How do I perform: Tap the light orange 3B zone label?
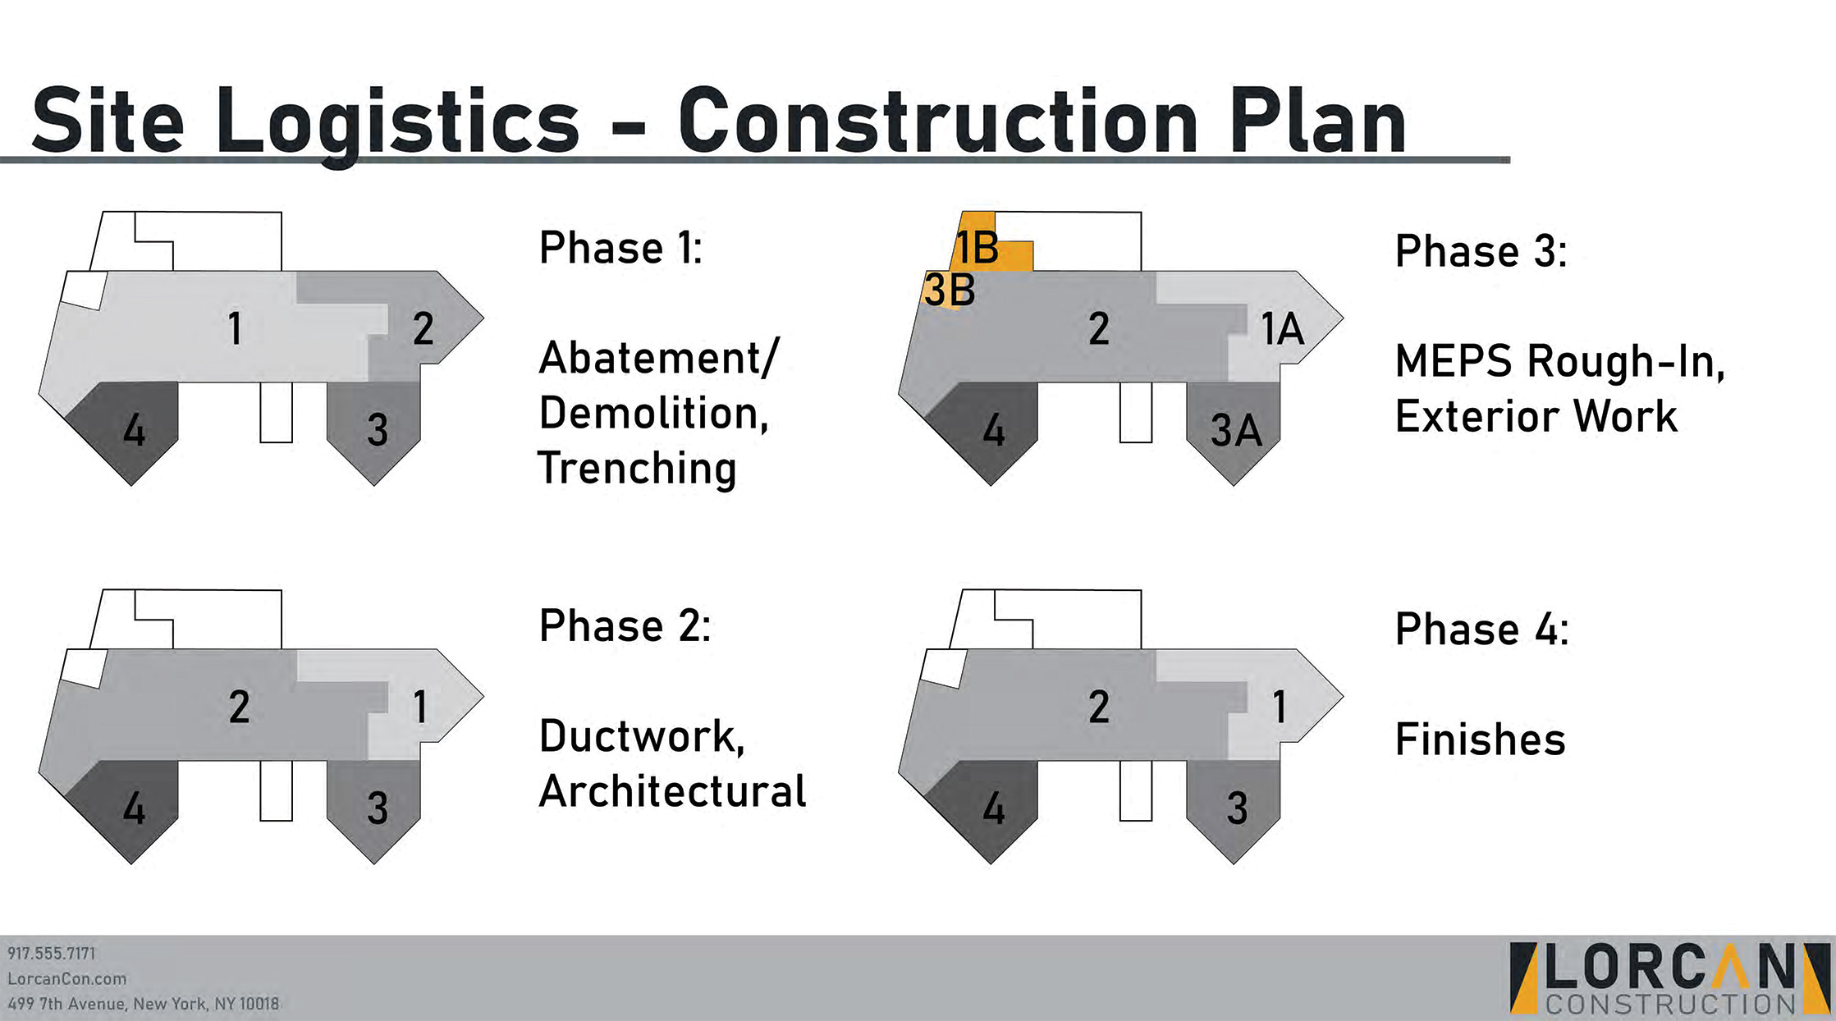[x=950, y=290]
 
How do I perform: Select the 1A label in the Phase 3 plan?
[x=1282, y=329]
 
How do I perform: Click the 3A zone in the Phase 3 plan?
[x=1235, y=430]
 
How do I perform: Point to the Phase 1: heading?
[x=620, y=248]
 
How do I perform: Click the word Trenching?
[x=637, y=469]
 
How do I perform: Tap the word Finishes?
[x=1480, y=739]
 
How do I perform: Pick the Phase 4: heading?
[x=1481, y=630]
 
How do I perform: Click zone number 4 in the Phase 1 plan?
[x=134, y=430]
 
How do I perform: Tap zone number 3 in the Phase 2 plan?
[x=378, y=808]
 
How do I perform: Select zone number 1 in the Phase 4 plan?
[x=1280, y=707]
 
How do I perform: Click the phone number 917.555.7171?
[x=52, y=954]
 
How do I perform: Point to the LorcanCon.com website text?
[x=67, y=978]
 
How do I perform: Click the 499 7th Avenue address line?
[x=144, y=1004]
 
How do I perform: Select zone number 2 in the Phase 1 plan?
[x=423, y=329]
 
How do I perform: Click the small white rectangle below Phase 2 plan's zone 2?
[x=276, y=790]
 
